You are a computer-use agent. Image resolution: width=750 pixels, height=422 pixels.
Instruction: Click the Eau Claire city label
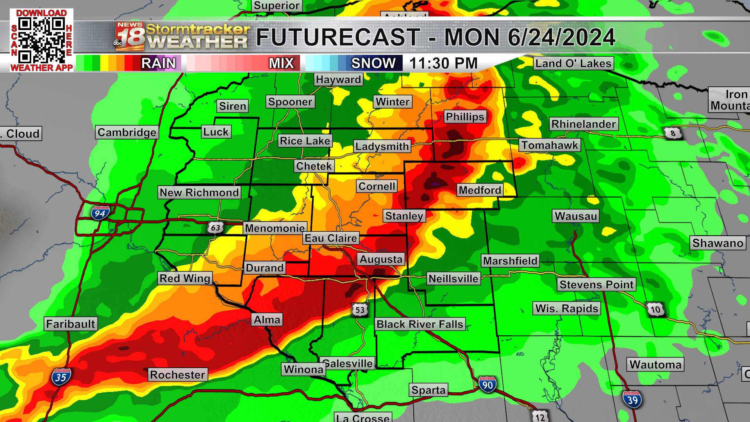(330, 238)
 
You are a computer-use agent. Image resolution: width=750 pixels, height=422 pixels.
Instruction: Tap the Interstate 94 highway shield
(100, 213)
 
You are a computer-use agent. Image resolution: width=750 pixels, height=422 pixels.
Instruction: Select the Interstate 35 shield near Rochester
(61, 377)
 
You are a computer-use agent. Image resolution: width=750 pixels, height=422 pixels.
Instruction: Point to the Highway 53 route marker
(360, 310)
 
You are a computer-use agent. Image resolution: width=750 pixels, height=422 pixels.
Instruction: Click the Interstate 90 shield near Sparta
(487, 385)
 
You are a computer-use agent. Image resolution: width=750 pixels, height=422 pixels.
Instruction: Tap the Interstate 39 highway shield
(632, 400)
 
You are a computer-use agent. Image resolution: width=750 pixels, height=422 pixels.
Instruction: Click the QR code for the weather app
(41, 40)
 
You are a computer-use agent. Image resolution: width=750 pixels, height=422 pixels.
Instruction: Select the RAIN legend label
(158, 63)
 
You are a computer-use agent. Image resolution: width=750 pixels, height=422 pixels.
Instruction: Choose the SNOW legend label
(373, 63)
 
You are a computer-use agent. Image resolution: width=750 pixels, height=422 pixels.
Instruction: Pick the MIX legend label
(281, 63)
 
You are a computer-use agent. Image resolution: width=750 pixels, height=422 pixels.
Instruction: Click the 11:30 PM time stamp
(443, 63)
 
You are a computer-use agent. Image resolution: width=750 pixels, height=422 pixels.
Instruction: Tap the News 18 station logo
(130, 37)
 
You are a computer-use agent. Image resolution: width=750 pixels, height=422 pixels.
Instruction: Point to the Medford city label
(480, 190)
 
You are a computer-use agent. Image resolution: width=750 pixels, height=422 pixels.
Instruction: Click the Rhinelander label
(584, 124)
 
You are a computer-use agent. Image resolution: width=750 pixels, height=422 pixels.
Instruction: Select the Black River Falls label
(420, 324)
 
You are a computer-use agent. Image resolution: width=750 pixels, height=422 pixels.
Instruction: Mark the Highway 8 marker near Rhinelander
(673, 133)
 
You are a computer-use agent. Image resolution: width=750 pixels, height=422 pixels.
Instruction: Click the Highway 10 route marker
(655, 310)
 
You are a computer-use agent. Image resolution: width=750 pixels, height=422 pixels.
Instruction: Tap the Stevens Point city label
(596, 284)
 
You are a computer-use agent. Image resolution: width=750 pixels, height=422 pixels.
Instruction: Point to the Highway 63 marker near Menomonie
(215, 227)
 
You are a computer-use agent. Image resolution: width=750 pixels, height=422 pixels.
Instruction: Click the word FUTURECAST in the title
(338, 38)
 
